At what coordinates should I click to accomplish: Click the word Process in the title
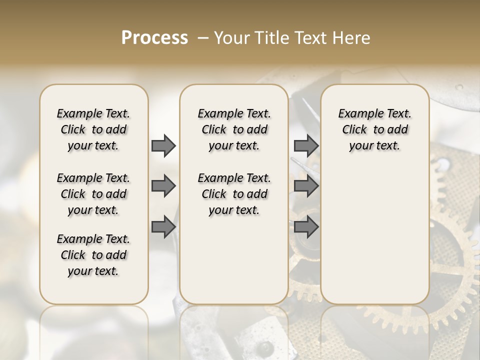tap(154, 38)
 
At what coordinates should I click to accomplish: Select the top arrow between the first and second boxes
tap(163, 145)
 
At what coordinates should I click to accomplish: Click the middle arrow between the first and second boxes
tap(163, 186)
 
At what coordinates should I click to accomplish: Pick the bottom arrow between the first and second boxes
tap(163, 227)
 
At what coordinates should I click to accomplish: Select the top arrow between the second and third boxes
tap(306, 145)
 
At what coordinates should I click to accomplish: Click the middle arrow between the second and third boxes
tap(306, 186)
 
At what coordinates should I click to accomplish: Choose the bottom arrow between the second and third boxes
tap(306, 227)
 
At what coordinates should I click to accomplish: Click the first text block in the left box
tap(93, 129)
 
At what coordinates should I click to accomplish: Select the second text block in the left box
tap(93, 194)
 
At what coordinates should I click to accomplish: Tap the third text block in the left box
tap(93, 255)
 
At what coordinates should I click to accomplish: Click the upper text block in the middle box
tap(234, 129)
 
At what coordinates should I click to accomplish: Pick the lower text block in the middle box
tap(234, 194)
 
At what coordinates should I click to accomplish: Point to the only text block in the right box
tap(374, 129)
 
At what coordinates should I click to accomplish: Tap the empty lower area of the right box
tap(374, 235)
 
